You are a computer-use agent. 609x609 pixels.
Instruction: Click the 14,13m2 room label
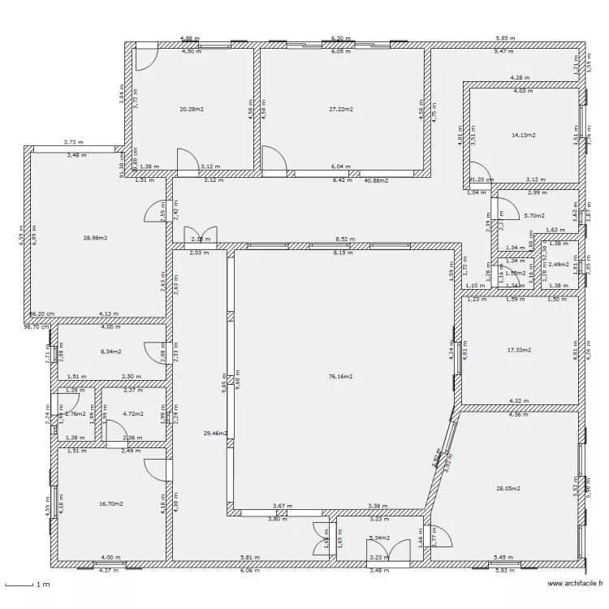(524, 135)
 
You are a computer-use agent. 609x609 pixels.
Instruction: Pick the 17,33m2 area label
(519, 350)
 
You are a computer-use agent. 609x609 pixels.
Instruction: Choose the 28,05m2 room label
(508, 488)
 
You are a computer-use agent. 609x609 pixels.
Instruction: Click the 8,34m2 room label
(110, 352)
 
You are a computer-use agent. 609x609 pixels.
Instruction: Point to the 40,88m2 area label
(376, 180)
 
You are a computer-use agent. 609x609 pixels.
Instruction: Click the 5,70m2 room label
(534, 215)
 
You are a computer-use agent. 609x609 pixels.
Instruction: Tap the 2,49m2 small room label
(559, 264)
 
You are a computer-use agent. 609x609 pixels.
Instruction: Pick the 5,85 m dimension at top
(505, 38)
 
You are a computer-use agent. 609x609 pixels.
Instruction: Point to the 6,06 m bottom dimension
(251, 571)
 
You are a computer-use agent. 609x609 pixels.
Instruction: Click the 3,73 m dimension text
(74, 143)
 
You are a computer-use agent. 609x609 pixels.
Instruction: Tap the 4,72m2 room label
(132, 413)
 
